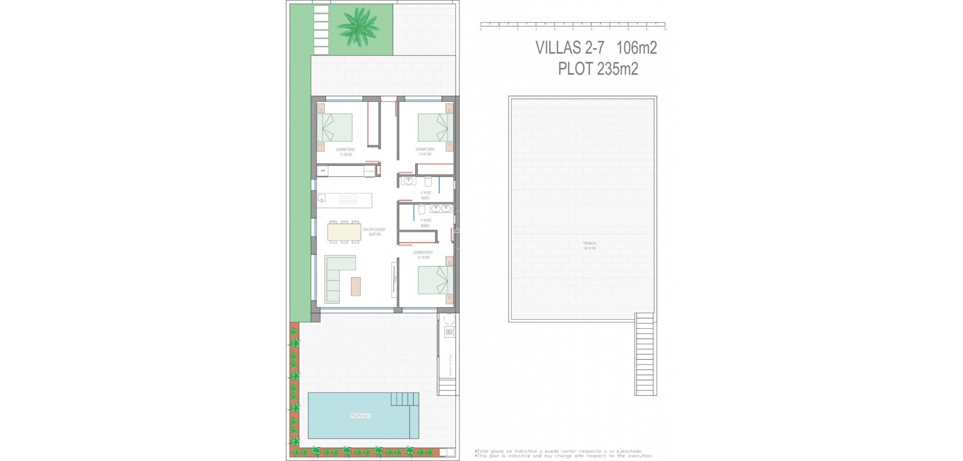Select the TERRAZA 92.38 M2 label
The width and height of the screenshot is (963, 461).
pos(590,246)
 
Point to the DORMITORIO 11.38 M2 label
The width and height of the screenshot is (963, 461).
pos(346,152)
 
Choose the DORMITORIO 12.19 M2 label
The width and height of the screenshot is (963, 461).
pos(423,255)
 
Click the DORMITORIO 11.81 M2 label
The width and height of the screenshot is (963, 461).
pos(425,152)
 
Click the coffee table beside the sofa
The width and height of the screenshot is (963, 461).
pos(356,286)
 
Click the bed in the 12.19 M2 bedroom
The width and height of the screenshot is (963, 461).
pos(435,280)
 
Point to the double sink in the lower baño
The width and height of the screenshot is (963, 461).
pos(441,208)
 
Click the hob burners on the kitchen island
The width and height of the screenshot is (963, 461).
pos(348,198)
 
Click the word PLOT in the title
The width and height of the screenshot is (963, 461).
pos(575,68)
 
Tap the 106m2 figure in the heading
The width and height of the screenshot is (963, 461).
pos(636,48)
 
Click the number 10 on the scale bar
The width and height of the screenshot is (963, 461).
pos(665,30)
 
